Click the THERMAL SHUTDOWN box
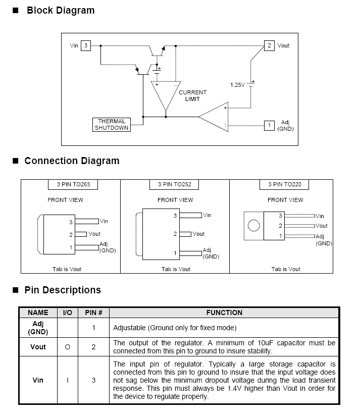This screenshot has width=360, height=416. (112, 124)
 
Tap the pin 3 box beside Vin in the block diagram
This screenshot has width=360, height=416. (86, 45)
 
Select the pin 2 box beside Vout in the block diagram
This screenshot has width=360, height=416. (269, 45)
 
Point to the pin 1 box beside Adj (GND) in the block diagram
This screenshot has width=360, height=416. (269, 126)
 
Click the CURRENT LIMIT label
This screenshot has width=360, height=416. (192, 96)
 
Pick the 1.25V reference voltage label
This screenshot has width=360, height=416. (237, 85)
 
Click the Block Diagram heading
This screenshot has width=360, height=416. (61, 10)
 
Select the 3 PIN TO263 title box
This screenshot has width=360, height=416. (73, 184)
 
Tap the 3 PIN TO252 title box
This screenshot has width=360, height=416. (174, 184)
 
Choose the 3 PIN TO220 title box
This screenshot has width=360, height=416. (284, 184)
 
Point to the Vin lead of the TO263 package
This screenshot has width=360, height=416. (87, 221)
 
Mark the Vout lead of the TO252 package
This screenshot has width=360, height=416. (185, 234)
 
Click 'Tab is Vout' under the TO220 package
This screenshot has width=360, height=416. (286, 269)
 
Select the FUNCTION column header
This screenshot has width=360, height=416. (224, 313)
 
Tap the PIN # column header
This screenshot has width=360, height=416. (93, 313)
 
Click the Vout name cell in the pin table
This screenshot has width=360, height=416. (38, 347)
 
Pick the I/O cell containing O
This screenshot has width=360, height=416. (68, 347)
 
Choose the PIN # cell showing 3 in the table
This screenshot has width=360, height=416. (93, 380)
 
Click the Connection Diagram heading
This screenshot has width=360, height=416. (72, 161)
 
